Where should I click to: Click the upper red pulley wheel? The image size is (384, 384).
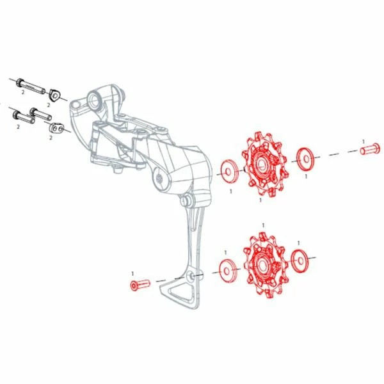265,164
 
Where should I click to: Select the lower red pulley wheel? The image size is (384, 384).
265,265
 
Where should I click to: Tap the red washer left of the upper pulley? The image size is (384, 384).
230,172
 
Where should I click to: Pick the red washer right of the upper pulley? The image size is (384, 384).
306,159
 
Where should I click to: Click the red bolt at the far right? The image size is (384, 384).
370,148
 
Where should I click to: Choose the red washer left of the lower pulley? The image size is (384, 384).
228,271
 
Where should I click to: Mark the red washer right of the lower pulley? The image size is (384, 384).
300,261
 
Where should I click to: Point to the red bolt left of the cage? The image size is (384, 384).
140,285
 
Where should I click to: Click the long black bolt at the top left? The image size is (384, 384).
31,86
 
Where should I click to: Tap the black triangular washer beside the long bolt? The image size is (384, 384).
55,95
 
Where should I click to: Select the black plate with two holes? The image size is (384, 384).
57,127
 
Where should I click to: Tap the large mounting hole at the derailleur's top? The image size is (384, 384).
94,100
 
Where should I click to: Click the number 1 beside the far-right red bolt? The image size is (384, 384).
364,141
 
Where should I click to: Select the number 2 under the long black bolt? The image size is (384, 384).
23,92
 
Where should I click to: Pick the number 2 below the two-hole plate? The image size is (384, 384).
51,138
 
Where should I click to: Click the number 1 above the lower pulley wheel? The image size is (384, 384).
263,225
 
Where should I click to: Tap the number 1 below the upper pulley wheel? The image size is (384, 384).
260,200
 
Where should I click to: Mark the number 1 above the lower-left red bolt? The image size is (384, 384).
132,273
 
